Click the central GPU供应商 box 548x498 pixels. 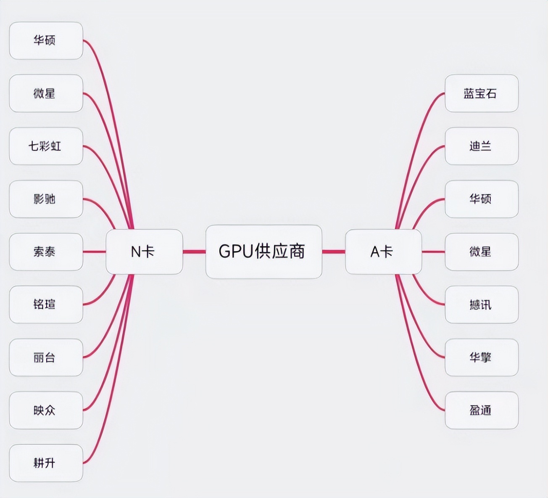pyautogui.click(x=263, y=252)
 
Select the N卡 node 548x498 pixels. pyautogui.click(x=144, y=252)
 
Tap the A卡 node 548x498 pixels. pyautogui.click(x=383, y=252)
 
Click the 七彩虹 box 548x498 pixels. pyautogui.click(x=46, y=146)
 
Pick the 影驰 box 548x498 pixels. pyautogui.click(x=46, y=199)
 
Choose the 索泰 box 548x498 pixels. pyautogui.click(x=46, y=252)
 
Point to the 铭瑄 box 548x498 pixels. pyautogui.click(x=46, y=305)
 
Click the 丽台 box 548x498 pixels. pyautogui.click(x=46, y=357)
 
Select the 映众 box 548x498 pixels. pyautogui.click(x=46, y=410)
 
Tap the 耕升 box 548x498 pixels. pyautogui.click(x=46, y=463)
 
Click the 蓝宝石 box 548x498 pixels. pyautogui.click(x=481, y=93)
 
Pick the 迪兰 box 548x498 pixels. pyautogui.click(x=481, y=146)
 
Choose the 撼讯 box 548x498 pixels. pyautogui.click(x=481, y=305)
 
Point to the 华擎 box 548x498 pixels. pyautogui.click(x=481, y=357)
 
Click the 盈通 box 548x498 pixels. pyautogui.click(x=481, y=410)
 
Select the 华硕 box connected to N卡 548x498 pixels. pyautogui.click(x=46, y=40)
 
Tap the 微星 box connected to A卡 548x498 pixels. pyautogui.click(x=481, y=252)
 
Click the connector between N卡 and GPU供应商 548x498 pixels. pyautogui.click(x=194, y=252)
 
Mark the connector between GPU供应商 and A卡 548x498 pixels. pyautogui.click(x=334, y=252)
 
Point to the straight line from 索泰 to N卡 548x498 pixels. pyautogui.click(x=94, y=252)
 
